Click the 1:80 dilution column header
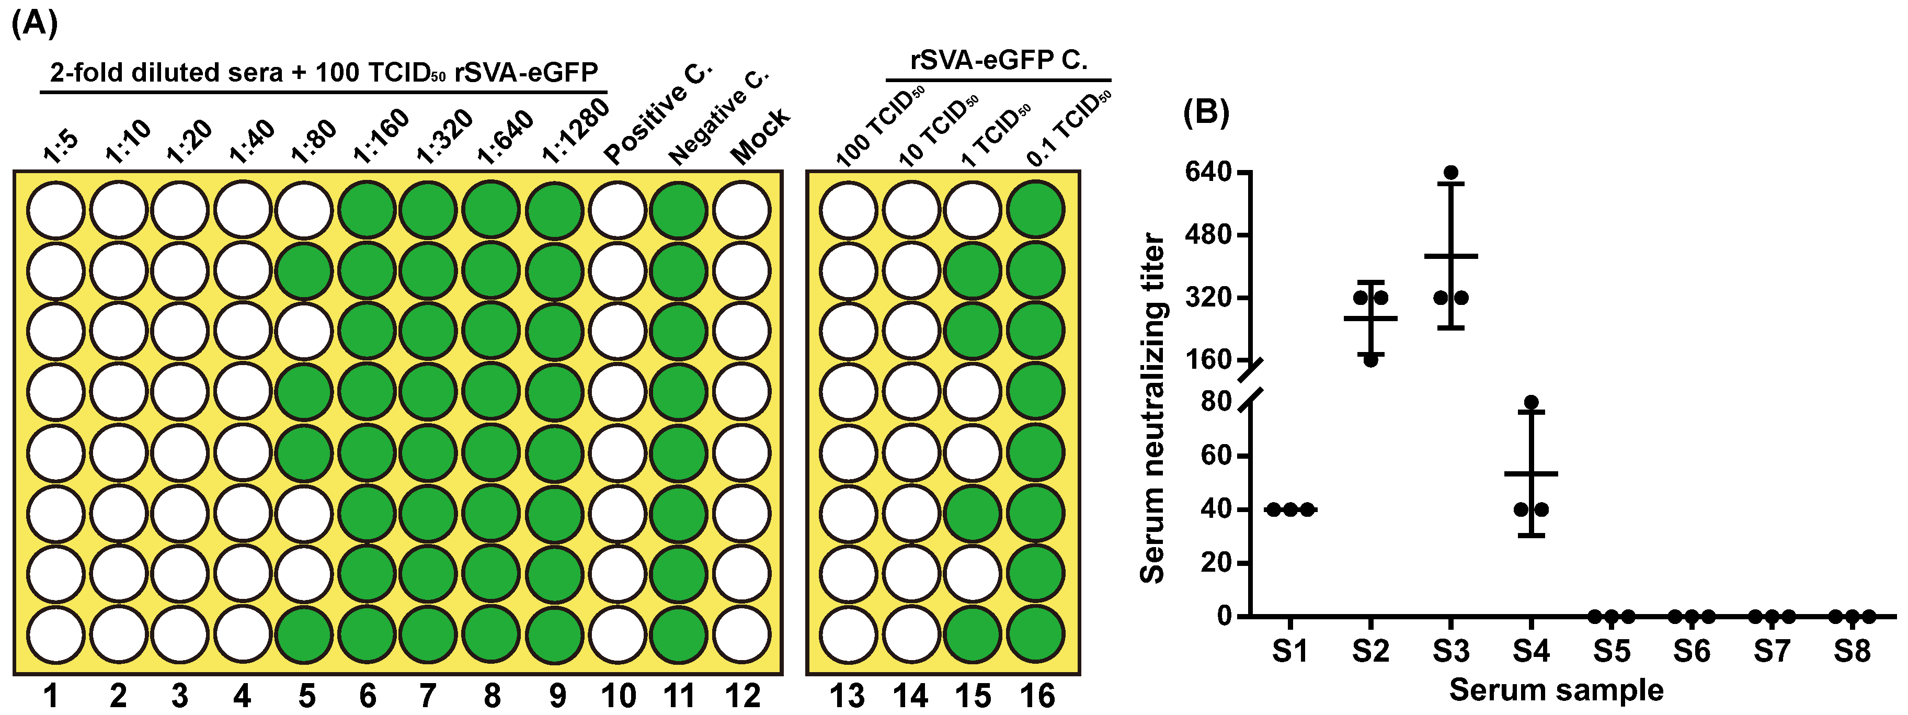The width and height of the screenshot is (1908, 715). [313, 142]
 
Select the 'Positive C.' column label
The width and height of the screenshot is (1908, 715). [657, 114]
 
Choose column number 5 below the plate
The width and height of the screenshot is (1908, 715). [306, 696]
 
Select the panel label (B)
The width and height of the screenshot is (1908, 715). [1206, 112]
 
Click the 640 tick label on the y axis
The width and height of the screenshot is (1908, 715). [1207, 172]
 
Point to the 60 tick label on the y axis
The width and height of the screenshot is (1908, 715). [1216, 455]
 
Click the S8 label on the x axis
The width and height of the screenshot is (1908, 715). [1852, 651]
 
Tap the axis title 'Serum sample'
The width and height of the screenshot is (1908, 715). [1556, 690]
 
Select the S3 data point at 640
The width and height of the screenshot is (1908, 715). [1451, 173]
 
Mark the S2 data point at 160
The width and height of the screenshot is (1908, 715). [1370, 360]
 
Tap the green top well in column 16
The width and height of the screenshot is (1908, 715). [1035, 210]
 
